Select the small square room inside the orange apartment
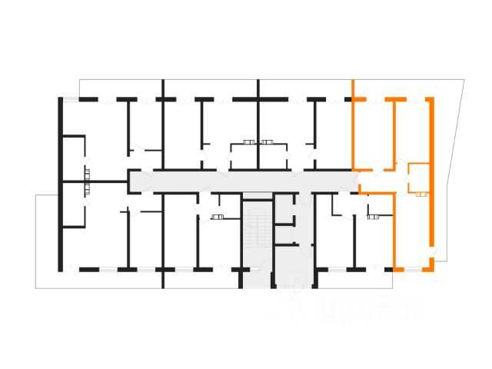419,178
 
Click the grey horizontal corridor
231,181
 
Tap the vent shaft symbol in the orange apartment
420,195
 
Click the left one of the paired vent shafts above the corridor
248,141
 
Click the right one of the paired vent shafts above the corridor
268,141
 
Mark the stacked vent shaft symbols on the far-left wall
87,179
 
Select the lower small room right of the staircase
285,234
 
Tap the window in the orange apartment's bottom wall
414,270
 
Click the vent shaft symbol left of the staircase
218,218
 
